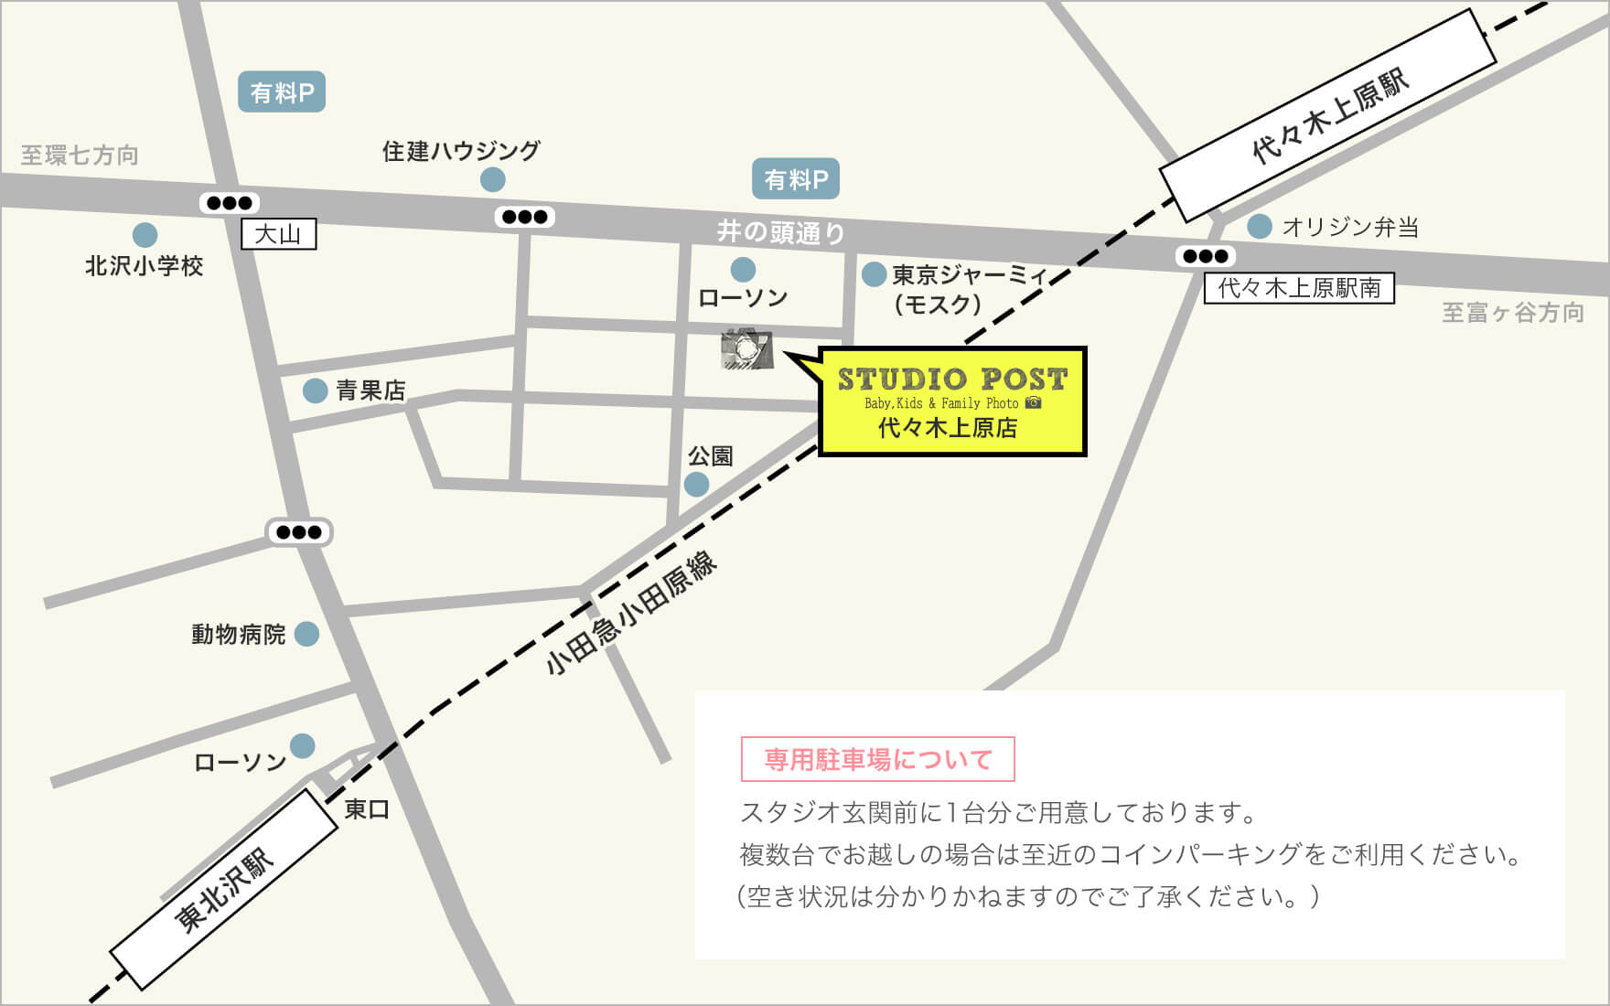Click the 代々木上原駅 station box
[1328, 115]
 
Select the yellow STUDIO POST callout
[951, 401]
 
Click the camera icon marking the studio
[747, 349]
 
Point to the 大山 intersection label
[278, 234]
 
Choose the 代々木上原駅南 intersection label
[1298, 288]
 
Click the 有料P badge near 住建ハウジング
[282, 92]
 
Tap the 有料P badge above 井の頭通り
[795, 179]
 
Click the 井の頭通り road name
[780, 232]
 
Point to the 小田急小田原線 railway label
[631, 614]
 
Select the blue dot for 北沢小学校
[145, 235]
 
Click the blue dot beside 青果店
[315, 391]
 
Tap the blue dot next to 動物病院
[306, 633]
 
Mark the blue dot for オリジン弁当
[1260, 226]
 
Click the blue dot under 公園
[697, 484]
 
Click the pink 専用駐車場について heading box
[877, 759]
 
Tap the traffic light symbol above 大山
[230, 203]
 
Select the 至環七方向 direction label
[80, 155]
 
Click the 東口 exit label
[367, 808]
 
